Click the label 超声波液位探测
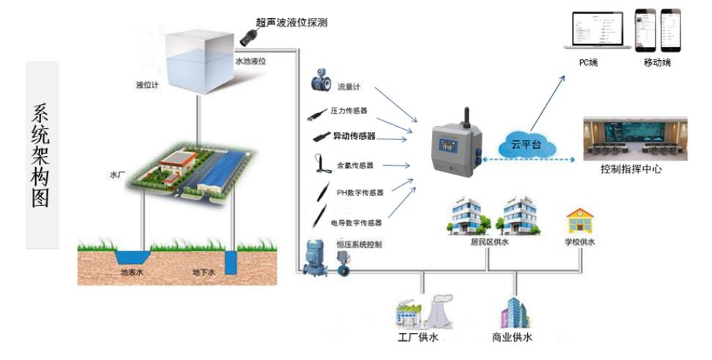(291, 23)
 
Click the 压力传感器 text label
(349, 111)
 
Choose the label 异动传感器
(354, 136)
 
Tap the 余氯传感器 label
(355, 165)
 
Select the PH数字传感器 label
(360, 193)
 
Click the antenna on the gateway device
(464, 117)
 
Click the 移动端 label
(656, 62)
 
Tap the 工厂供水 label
(416, 338)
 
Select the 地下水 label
(203, 273)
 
